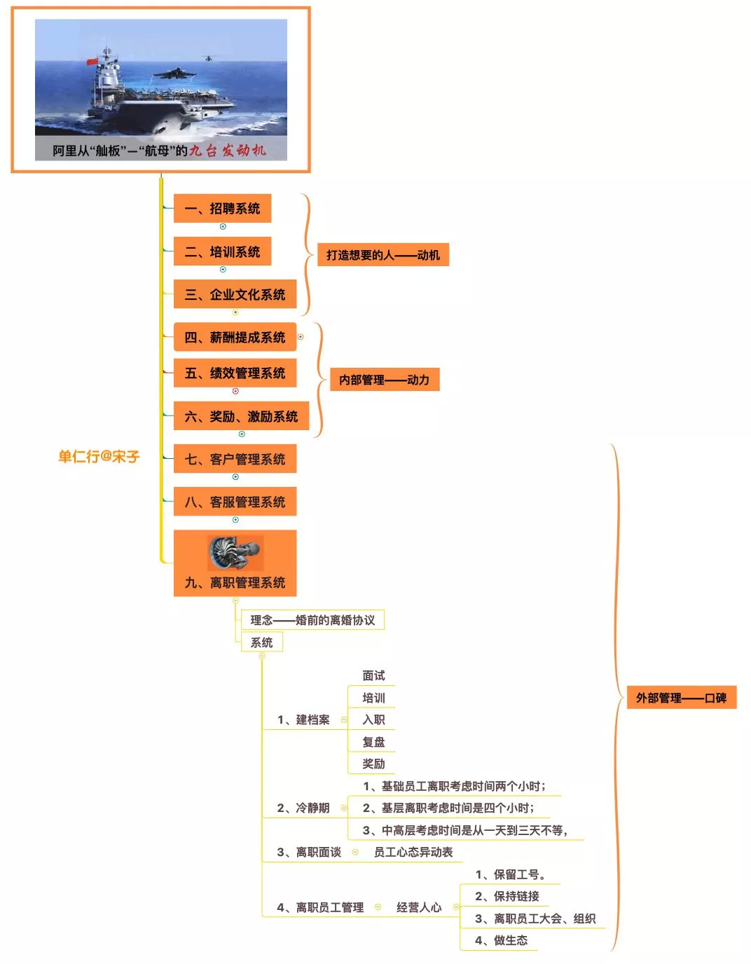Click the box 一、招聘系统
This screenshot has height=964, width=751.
(x=222, y=209)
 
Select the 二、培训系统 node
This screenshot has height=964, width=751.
(x=222, y=252)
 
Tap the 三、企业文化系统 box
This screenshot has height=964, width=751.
(x=235, y=295)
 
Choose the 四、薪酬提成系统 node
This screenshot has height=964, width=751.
(x=235, y=338)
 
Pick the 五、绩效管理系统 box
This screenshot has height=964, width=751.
(x=235, y=373)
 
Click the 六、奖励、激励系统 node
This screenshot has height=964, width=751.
(x=241, y=417)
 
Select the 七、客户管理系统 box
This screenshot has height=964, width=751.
(x=235, y=460)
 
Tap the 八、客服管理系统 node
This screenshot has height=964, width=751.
(x=235, y=502)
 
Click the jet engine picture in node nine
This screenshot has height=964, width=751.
(x=235, y=553)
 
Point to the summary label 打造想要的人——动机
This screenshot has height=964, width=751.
(x=383, y=255)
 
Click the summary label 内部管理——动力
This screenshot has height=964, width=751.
(x=384, y=380)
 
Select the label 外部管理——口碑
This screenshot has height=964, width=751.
(x=681, y=698)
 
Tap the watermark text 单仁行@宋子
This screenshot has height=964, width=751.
(x=99, y=457)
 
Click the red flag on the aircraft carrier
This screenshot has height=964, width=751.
(x=92, y=62)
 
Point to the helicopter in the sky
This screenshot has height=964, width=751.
(x=208, y=57)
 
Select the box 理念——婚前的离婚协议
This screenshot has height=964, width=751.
(x=312, y=620)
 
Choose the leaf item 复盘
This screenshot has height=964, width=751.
(x=373, y=742)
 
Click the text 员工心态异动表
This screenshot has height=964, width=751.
(x=413, y=852)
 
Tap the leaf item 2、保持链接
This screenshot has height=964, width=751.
(x=507, y=896)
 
